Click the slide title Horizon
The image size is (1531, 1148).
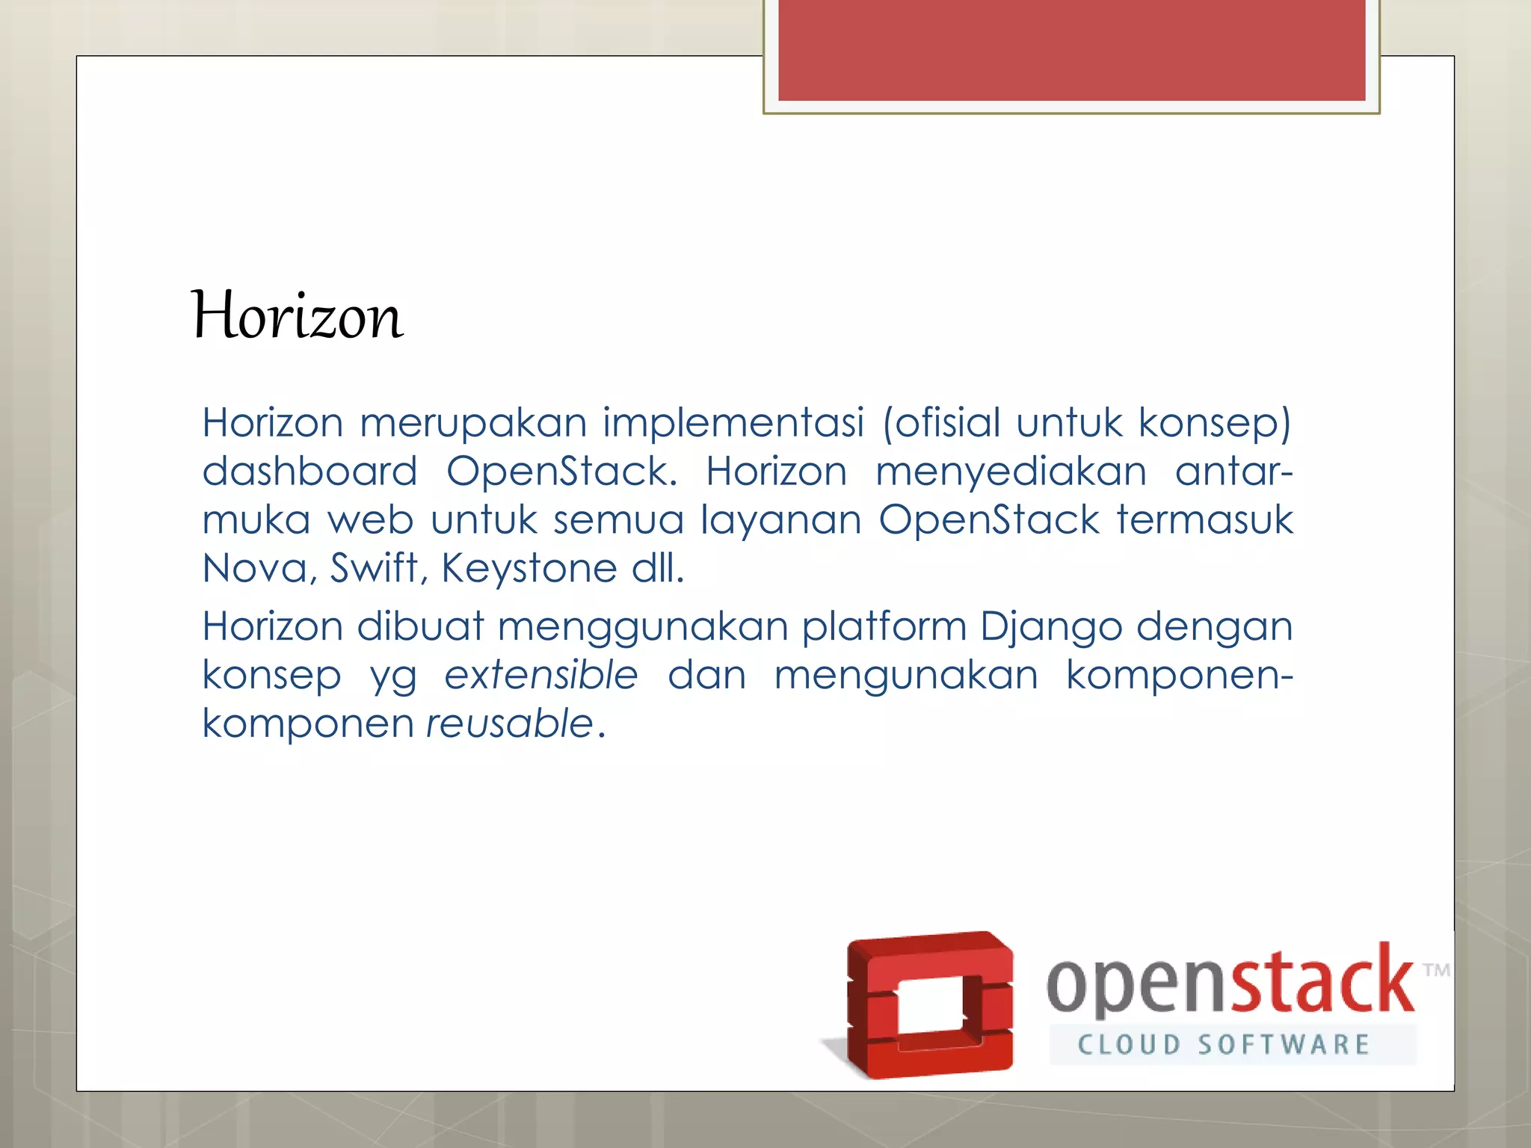pos(298,317)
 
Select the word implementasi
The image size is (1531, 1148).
pos(733,423)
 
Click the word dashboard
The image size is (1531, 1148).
pos(309,472)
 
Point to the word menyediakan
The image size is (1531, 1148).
pos(1011,473)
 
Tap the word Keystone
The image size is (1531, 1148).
pos(529,569)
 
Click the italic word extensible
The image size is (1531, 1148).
pos(541,675)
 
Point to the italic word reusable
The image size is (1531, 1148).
pos(510,723)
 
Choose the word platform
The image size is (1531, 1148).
pos(884,626)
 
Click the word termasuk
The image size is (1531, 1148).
pos(1204,520)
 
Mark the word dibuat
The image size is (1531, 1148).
pos(420,626)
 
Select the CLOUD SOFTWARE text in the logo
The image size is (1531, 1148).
pos(1223,1045)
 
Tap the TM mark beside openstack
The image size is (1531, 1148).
pos(1436,971)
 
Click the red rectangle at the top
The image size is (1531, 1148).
pos(1071,49)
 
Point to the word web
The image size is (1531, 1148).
pos(371,520)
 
